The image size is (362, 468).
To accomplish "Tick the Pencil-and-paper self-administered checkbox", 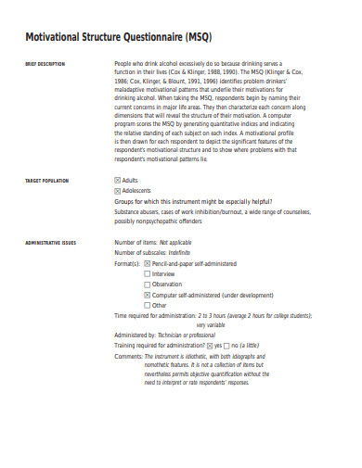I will (148, 263).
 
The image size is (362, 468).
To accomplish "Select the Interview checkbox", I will (148, 274).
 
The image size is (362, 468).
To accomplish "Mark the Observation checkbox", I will (148, 285).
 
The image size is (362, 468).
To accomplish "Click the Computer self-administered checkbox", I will (148, 295).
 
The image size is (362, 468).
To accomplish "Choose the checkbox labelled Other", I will (148, 305).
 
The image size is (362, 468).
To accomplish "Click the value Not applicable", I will (178, 242).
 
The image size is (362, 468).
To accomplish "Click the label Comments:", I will (128, 356).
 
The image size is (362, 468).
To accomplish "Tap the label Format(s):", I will (127, 263).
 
